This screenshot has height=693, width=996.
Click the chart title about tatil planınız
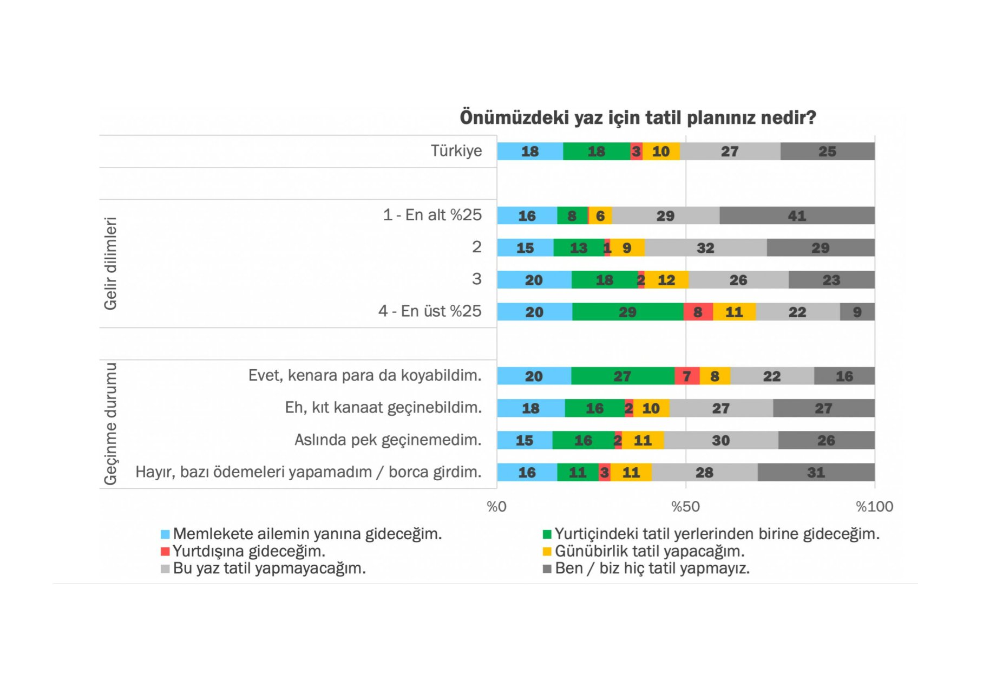[638, 117]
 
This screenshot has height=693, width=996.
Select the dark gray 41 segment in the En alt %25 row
[797, 215]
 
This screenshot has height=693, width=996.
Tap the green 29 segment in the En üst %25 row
[627, 312]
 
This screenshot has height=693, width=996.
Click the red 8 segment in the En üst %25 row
[698, 312]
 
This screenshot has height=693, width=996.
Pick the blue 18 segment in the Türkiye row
[530, 152]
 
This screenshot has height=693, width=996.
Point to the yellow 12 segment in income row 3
[666, 280]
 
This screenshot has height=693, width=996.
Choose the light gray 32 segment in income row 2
[705, 248]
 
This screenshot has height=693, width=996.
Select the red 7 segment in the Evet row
[687, 376]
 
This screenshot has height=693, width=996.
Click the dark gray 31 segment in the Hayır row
[816, 473]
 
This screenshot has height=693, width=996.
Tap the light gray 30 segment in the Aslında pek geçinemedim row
[720, 440]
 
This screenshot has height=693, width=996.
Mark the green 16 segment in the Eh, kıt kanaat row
[594, 408]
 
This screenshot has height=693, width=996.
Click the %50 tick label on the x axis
[685, 507]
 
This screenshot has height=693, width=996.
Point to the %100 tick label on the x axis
[874, 507]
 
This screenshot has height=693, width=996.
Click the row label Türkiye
[456, 151]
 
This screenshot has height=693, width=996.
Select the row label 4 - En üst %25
[430, 311]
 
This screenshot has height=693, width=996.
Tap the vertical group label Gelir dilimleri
[110, 263]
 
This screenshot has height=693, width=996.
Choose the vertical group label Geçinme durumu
[110, 423]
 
